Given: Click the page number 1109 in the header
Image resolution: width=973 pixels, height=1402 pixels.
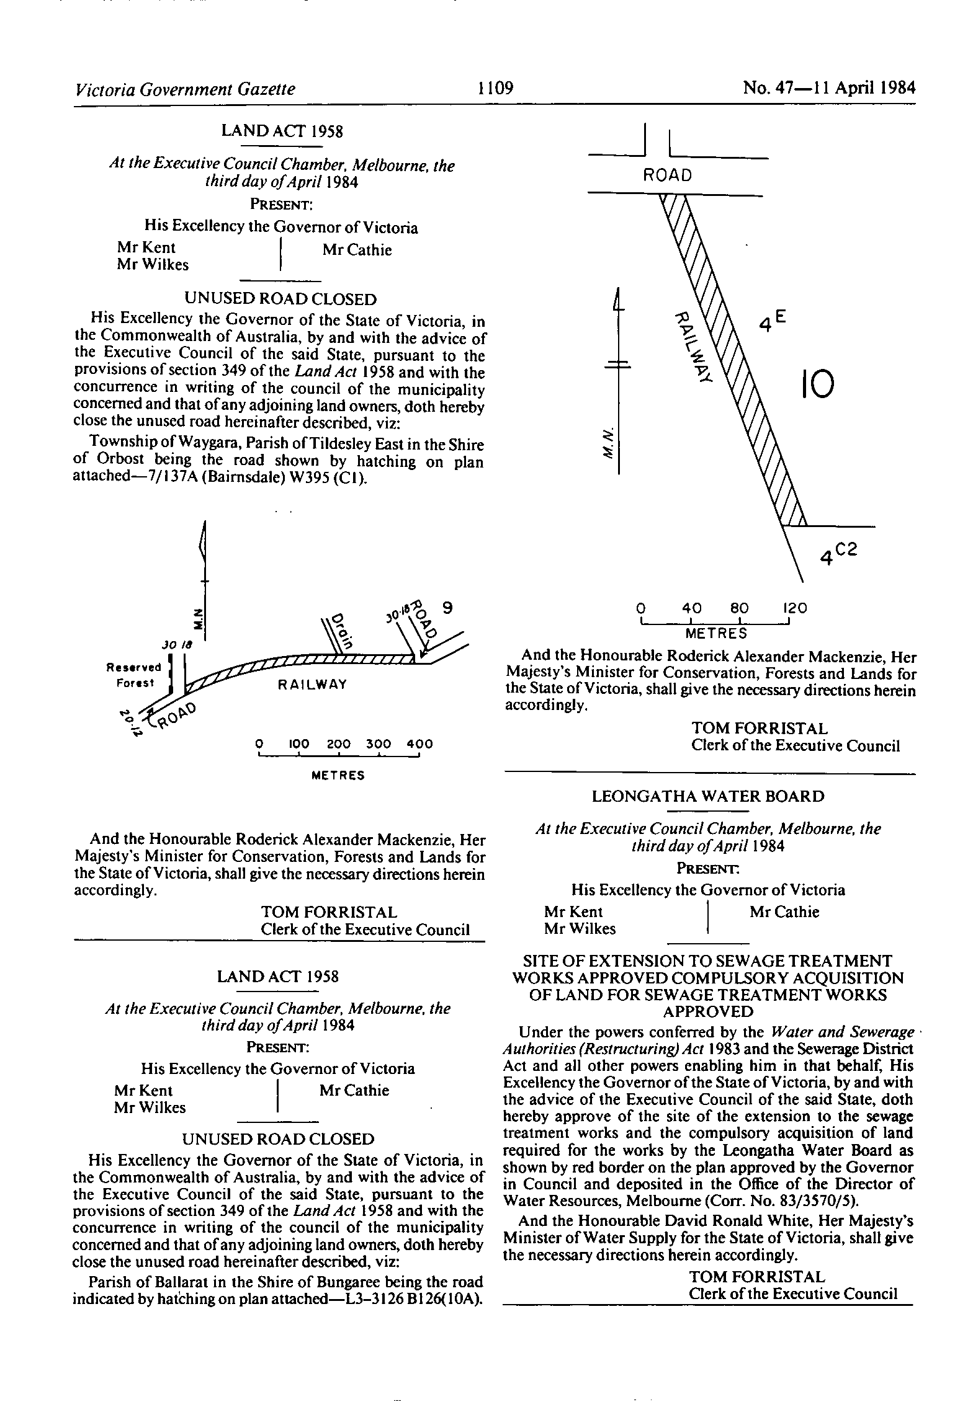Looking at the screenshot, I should [x=496, y=89].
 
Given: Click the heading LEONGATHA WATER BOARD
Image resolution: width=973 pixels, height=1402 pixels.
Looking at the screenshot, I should [x=708, y=796].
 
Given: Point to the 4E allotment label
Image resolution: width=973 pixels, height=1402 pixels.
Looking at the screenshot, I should [x=773, y=322].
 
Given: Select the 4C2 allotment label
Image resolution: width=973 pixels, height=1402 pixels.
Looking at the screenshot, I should [x=838, y=554].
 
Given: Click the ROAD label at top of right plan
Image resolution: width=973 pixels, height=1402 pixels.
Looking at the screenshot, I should [x=668, y=175].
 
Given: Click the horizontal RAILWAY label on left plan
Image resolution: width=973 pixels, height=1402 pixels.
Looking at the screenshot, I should [x=312, y=685].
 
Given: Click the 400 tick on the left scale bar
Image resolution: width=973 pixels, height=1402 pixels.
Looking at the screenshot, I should [x=419, y=744].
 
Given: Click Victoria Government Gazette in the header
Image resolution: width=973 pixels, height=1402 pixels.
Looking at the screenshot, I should [x=184, y=89].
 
